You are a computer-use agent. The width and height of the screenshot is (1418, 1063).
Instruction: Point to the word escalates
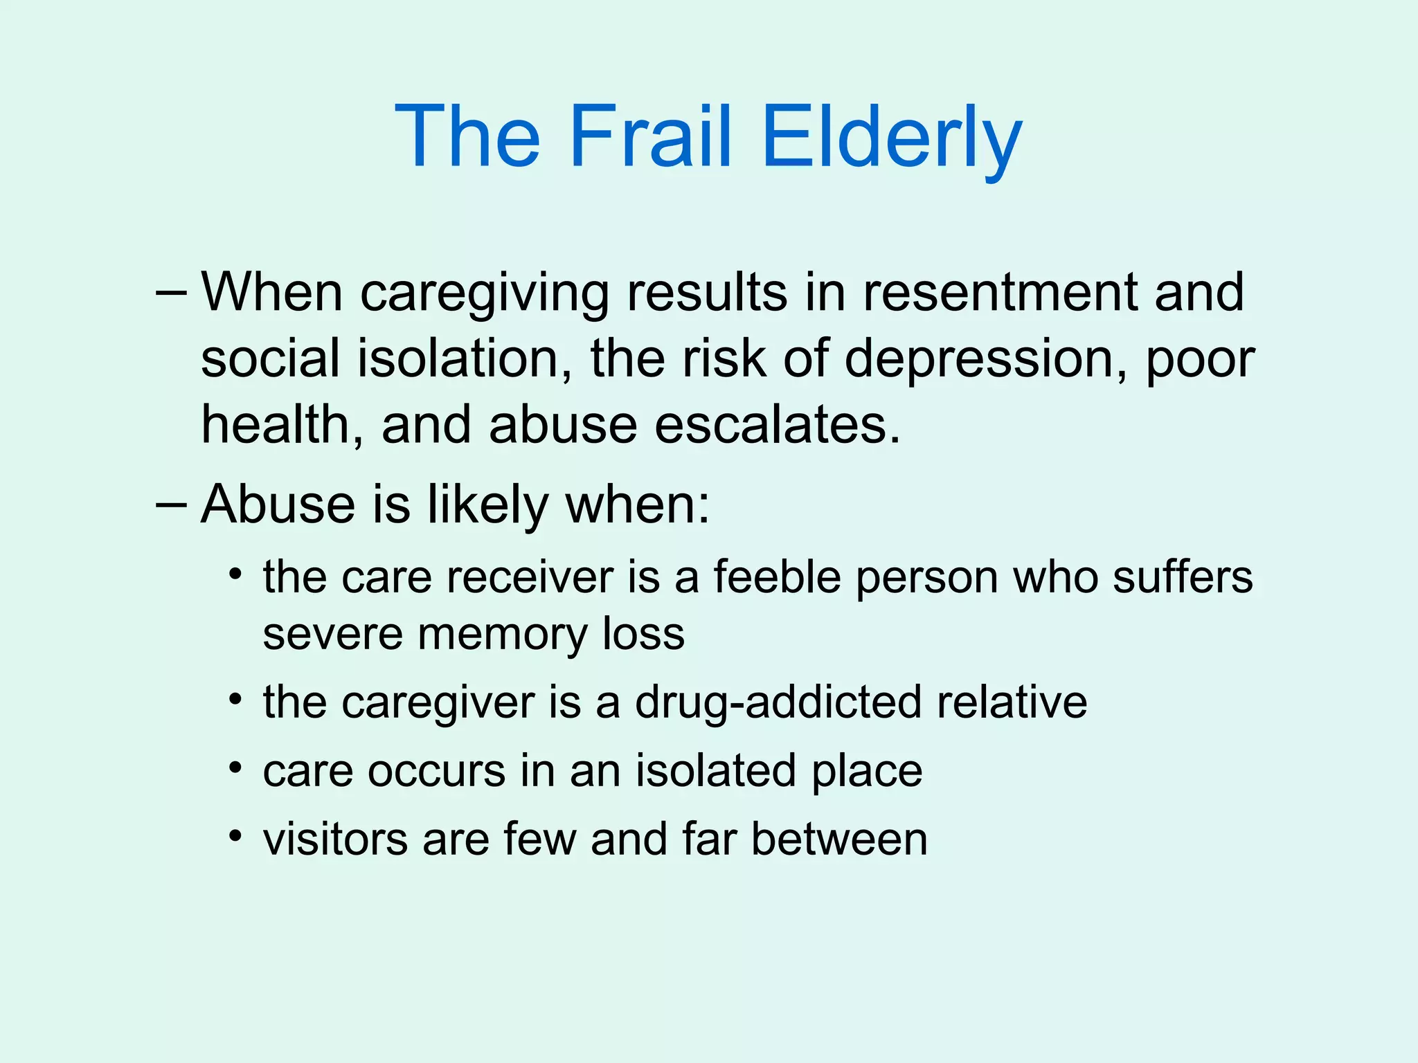pos(778,425)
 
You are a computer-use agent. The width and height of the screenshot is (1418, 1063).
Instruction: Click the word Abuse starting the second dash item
pos(278,504)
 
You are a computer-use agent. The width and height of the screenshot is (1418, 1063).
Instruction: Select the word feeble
pos(777,576)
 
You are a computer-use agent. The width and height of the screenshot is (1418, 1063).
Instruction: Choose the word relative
pos(1012,702)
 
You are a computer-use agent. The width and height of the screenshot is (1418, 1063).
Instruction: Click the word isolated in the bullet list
pos(716,770)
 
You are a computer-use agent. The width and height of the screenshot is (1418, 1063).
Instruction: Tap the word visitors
pos(335,839)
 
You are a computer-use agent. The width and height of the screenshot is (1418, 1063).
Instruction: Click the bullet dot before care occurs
pos(236,767)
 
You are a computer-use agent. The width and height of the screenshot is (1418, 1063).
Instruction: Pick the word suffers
pos(1183,576)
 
